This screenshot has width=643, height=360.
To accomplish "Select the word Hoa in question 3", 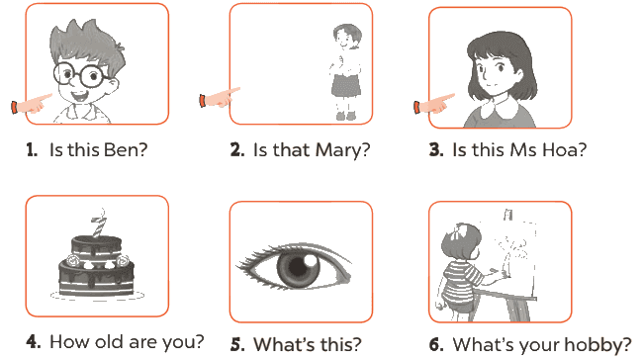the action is (x=559, y=150).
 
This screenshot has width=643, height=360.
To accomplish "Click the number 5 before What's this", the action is (x=235, y=345).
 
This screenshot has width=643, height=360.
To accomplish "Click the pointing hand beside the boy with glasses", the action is (x=32, y=105).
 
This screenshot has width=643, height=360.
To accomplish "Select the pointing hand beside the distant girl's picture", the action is (x=220, y=98).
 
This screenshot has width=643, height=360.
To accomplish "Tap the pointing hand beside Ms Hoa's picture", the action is (x=434, y=104).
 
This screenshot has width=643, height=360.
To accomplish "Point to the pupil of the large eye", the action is (x=298, y=267).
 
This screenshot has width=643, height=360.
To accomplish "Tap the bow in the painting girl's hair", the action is (x=459, y=231).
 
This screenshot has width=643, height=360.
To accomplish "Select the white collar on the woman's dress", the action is (x=501, y=109).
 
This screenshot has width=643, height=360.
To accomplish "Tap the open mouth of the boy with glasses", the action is (x=80, y=97).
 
